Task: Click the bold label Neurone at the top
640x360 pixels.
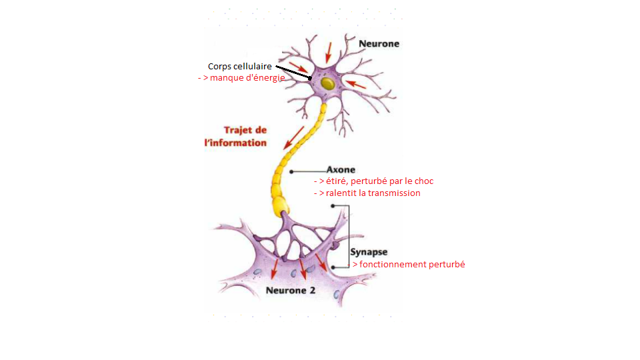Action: click(x=379, y=44)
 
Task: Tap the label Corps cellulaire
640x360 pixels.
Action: click(x=239, y=66)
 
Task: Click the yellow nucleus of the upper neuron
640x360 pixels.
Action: click(x=327, y=84)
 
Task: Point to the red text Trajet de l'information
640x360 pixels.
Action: click(x=235, y=136)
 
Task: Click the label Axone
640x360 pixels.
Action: click(x=341, y=169)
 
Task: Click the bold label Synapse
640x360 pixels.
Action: click(x=369, y=252)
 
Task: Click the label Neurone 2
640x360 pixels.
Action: click(x=291, y=290)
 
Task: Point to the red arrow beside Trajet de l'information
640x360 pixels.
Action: click(x=293, y=138)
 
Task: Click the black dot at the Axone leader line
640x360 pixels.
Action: click(x=291, y=172)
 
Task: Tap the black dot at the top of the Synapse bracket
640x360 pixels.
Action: click(x=333, y=206)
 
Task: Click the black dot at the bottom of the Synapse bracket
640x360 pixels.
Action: click(x=333, y=267)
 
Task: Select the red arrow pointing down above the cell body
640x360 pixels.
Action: click(x=328, y=53)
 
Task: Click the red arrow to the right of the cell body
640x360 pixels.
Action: click(x=355, y=85)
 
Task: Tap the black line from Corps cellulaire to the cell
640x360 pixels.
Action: click(x=293, y=72)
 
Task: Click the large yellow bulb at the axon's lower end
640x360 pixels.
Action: click(x=281, y=205)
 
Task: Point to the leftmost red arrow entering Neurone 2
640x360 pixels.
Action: click(x=275, y=268)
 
